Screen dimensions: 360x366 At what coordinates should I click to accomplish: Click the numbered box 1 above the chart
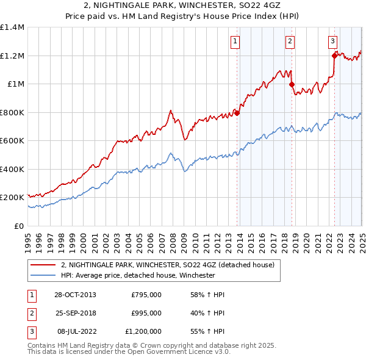235,41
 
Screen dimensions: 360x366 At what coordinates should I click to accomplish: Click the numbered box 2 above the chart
290,41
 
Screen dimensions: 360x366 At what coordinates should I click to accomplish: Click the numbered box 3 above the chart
332,41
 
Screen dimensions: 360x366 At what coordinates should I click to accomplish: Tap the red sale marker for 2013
237,113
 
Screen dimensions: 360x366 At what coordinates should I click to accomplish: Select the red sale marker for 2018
292,85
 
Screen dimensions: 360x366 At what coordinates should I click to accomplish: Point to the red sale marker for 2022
334,56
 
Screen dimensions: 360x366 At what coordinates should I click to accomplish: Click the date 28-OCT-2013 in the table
75,295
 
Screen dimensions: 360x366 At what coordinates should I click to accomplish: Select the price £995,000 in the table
146,313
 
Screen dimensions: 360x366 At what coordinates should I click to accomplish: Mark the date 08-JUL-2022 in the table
76,331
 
